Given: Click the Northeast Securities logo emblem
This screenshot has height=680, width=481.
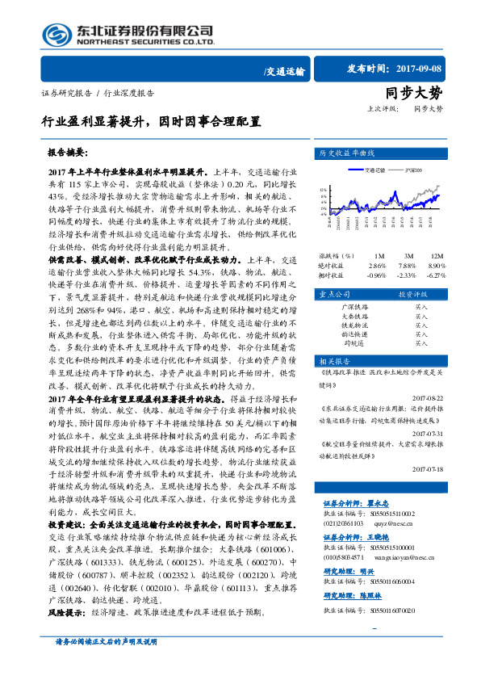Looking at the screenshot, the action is click(56, 35).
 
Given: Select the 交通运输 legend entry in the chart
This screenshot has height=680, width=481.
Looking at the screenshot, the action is click(374, 170).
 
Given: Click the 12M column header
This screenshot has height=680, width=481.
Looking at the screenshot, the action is click(436, 255).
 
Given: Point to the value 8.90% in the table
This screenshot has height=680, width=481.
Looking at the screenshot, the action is click(436, 265).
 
